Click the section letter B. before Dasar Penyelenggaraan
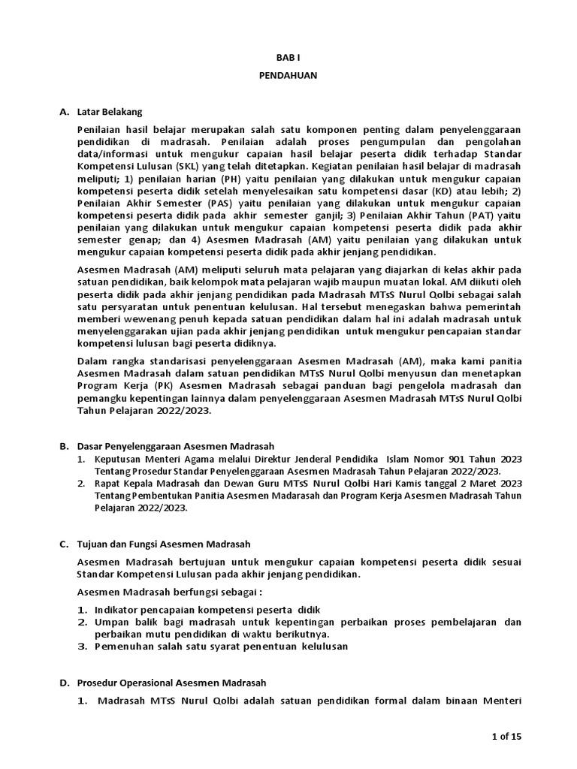64,446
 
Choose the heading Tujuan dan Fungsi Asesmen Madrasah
164,544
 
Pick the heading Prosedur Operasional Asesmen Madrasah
171,683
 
